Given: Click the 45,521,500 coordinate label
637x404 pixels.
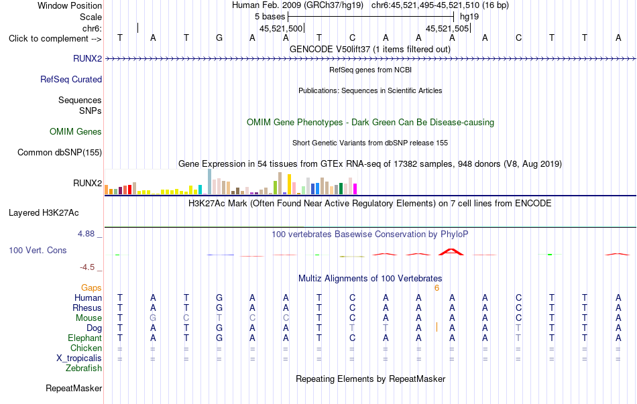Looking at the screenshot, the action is [x=281, y=28].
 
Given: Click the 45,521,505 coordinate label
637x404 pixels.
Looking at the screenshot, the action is [x=447, y=28].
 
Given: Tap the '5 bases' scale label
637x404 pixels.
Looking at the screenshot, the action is [x=270, y=17].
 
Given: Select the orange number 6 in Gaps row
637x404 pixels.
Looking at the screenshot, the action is [x=437, y=288].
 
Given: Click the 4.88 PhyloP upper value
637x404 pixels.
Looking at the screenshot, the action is [x=86, y=234].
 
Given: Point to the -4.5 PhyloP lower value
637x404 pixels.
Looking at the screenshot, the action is [x=87, y=267].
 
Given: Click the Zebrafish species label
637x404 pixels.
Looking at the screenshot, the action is [x=84, y=368].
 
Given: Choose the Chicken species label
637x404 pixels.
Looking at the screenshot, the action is [x=86, y=348].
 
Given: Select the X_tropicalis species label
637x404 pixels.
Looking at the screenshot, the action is [x=79, y=358].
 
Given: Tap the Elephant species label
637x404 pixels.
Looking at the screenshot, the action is [x=85, y=338].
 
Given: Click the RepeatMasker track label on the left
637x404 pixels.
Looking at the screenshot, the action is [x=74, y=388].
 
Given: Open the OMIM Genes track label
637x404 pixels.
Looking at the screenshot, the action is [x=76, y=131].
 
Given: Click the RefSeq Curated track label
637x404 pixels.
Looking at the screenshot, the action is [x=71, y=79].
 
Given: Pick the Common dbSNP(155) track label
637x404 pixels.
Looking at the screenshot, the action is [x=60, y=152].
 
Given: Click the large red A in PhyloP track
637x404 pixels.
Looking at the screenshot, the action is [x=451, y=252].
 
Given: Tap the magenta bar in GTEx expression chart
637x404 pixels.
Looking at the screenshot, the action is [x=355, y=189].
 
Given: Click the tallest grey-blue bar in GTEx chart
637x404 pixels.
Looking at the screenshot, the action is [x=210, y=182].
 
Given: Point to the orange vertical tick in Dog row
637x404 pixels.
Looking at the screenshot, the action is [x=437, y=327].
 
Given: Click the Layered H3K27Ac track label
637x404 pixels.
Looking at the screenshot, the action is [x=44, y=213].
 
